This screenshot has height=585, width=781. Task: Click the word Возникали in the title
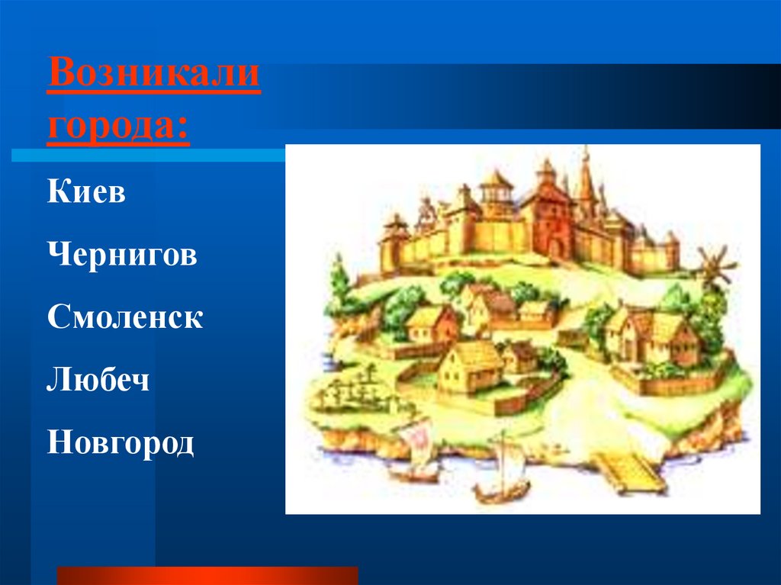pyautogui.click(x=154, y=72)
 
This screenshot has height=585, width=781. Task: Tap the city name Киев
pyautogui.click(x=86, y=191)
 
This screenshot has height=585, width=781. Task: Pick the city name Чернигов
pyautogui.click(x=122, y=255)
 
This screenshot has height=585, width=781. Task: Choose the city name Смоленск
pyautogui.click(x=125, y=317)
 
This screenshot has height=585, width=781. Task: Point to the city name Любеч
pyautogui.click(x=98, y=380)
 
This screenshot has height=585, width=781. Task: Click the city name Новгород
pyautogui.click(x=121, y=443)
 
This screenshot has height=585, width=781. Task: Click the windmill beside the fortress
pyautogui.click(x=715, y=267)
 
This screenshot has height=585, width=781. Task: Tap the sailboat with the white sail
pyautogui.click(x=502, y=470)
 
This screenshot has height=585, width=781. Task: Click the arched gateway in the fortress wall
pyautogui.click(x=555, y=249)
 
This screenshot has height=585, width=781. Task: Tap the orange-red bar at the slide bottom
pyautogui.click(x=207, y=576)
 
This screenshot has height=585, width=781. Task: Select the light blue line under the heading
pyautogui.click(x=149, y=156)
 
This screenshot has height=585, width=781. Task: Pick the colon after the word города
pyautogui.click(x=183, y=127)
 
